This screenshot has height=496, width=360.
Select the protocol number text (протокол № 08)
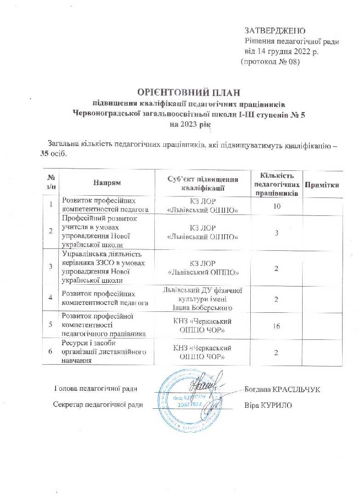click(270, 62)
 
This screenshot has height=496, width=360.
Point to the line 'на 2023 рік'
click(189, 124)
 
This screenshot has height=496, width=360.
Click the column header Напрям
click(107, 183)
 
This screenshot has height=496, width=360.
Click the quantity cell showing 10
click(277, 206)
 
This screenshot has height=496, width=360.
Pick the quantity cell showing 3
click(277, 232)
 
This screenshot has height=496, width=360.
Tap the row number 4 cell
click(51, 298)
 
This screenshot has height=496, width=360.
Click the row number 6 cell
click(51, 351)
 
